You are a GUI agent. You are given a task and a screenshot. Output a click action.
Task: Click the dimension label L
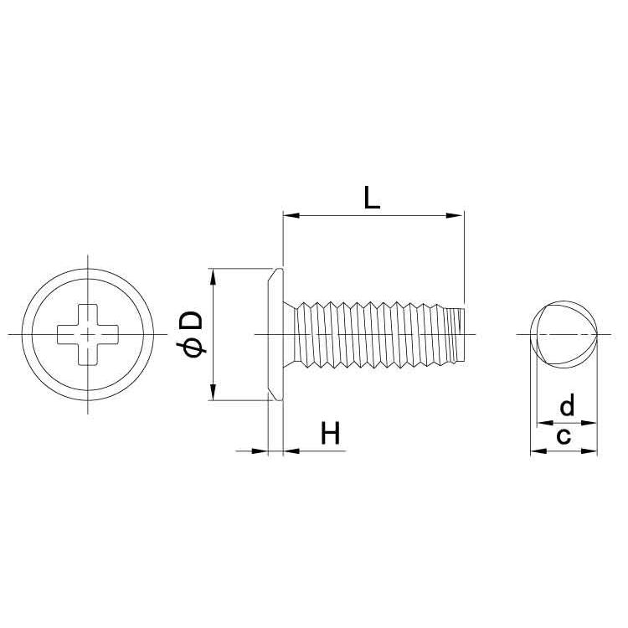(x=372, y=198)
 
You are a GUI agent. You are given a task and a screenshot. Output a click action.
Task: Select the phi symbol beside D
(x=194, y=348)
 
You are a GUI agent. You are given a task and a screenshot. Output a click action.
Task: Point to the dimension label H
(x=331, y=433)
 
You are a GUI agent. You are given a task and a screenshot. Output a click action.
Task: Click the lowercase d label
(x=567, y=405)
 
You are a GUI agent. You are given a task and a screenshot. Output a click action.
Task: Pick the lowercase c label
(x=564, y=436)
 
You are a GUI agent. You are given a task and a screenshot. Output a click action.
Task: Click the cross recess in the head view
(x=88, y=334)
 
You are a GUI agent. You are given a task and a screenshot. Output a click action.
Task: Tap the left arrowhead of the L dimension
(x=291, y=215)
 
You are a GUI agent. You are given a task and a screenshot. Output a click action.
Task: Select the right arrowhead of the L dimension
(x=455, y=215)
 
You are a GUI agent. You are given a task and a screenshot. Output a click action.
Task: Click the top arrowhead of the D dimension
(x=214, y=276)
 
